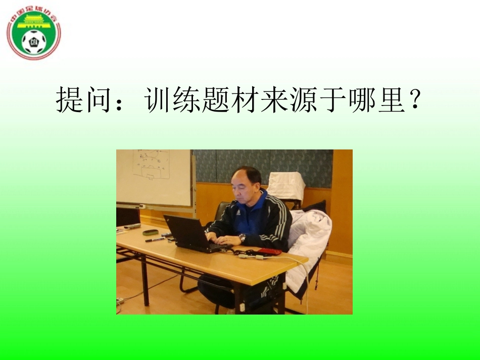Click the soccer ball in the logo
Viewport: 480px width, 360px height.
pyautogui.click(x=34, y=41)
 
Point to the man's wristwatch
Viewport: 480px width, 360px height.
pyautogui.click(x=243, y=237)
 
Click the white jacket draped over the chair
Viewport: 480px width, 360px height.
pyautogui.click(x=308, y=237)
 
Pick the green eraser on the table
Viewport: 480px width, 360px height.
pyautogui.click(x=150, y=232)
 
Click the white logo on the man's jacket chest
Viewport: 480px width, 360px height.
pyautogui.click(x=237, y=213)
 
